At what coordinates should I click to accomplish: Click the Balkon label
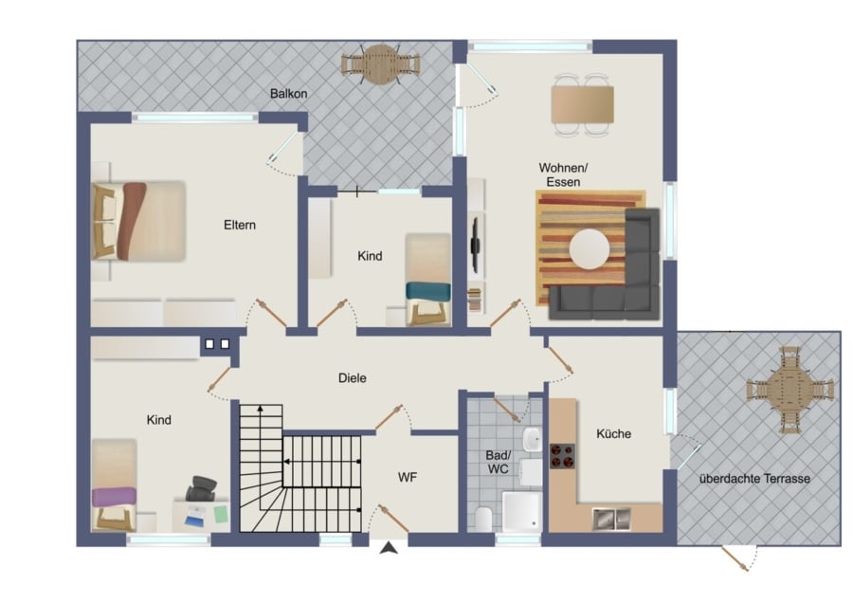pyautogui.click(x=288, y=94)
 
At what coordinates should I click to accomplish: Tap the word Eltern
pyautogui.click(x=240, y=225)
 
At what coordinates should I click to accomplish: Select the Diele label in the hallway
pyautogui.click(x=352, y=377)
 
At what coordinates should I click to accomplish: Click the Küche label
pyautogui.click(x=613, y=433)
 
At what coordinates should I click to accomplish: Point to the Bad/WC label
pyautogui.click(x=498, y=462)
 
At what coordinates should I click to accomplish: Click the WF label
pyautogui.click(x=407, y=477)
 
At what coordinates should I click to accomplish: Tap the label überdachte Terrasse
pyautogui.click(x=754, y=479)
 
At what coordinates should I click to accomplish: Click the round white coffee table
pyautogui.click(x=590, y=249)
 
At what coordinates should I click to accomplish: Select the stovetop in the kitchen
pyautogui.click(x=562, y=456)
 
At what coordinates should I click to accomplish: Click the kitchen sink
pyautogui.click(x=611, y=520)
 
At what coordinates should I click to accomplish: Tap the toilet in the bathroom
pyautogui.click(x=483, y=519)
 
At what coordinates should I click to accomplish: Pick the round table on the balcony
pyautogui.click(x=381, y=64)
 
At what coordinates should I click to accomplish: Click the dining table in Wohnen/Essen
pyautogui.click(x=582, y=104)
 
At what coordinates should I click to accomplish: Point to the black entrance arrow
pyautogui.click(x=389, y=548)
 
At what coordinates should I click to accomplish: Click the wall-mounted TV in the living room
pyautogui.click(x=475, y=245)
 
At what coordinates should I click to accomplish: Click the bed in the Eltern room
pyautogui.click(x=138, y=222)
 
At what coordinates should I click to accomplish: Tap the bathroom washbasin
pyautogui.click(x=532, y=440)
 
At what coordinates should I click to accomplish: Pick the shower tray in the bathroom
pyautogui.click(x=521, y=512)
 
